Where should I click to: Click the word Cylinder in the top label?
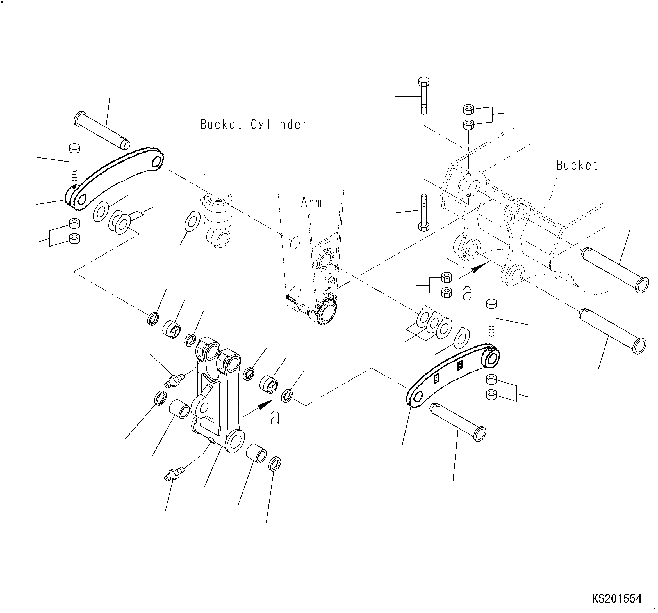click(279, 125)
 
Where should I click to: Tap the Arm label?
click(311, 202)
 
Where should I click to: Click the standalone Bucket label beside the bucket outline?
click(577, 165)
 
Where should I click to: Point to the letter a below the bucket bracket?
click(467, 293)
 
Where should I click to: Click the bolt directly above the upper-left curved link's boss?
click(74, 162)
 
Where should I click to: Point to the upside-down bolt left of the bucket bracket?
click(424, 212)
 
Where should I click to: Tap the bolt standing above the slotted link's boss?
click(491, 317)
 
